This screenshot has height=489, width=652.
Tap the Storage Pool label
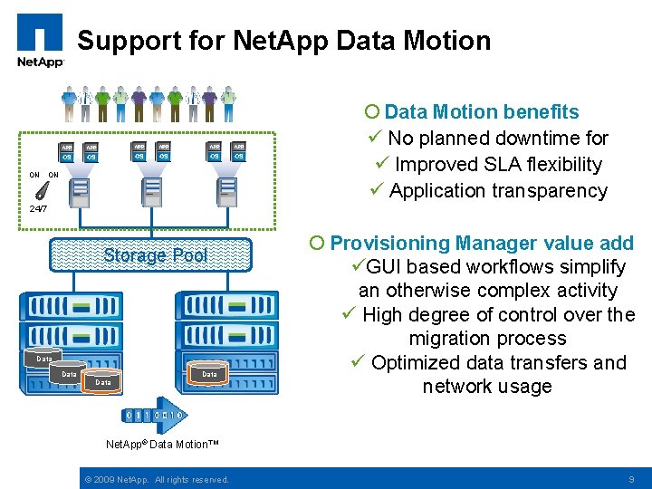click(x=156, y=255)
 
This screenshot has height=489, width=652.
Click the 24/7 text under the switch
click(x=38, y=209)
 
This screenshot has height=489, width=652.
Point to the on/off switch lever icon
click(x=42, y=191)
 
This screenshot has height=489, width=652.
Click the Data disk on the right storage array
click(x=209, y=371)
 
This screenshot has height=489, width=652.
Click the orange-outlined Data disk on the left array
click(x=102, y=380)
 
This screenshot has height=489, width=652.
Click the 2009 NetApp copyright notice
click(x=155, y=479)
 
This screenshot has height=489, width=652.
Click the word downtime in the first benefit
click(x=542, y=139)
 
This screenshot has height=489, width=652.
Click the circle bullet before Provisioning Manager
click(x=316, y=244)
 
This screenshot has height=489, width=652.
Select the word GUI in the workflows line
click(x=386, y=267)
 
